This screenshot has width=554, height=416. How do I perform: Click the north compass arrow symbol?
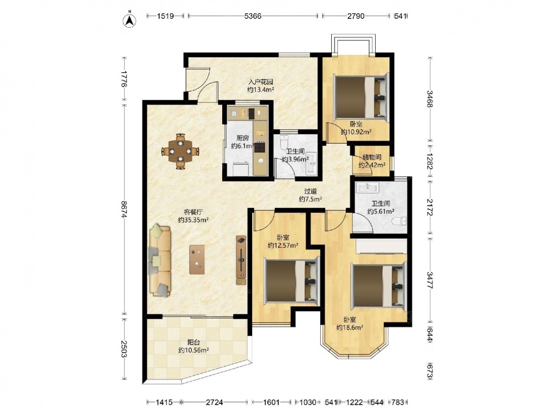130,20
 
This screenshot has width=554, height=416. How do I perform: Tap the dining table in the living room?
180,151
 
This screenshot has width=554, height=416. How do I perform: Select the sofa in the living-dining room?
161,261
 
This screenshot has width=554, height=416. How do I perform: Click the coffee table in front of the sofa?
197,260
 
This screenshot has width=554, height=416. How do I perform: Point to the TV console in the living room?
241,260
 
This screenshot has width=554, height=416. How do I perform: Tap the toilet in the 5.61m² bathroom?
399,221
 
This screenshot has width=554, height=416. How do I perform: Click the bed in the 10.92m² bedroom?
361,97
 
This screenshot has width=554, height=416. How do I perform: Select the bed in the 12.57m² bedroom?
291,281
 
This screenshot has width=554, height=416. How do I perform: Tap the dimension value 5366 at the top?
253,16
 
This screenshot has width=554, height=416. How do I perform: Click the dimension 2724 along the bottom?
214,402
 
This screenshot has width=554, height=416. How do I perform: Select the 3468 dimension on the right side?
430,99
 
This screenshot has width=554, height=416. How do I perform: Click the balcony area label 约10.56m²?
193,350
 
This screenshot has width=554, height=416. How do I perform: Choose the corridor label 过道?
311,191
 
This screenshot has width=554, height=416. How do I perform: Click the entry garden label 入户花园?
261,82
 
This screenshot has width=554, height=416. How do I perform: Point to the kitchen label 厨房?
243,138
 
